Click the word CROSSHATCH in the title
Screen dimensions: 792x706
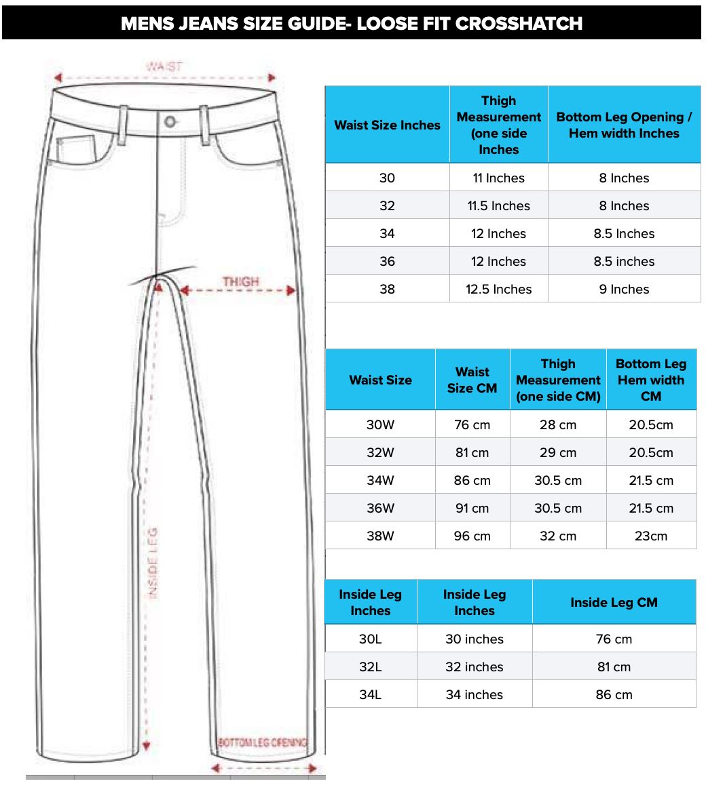519,23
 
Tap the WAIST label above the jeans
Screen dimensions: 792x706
164,67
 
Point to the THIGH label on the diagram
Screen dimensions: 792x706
240,281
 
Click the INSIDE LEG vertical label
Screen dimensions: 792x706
153,563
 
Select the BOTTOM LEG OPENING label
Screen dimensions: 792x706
263,743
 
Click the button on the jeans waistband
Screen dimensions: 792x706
170,123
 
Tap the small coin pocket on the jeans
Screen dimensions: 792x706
77,150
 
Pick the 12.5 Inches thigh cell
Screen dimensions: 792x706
498,289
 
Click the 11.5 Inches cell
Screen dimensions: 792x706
498,205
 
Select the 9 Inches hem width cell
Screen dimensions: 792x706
624,289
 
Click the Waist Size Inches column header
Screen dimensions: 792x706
387,125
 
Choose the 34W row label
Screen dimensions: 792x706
380,480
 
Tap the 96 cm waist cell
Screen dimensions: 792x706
472,536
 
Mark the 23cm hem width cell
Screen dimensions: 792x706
650,536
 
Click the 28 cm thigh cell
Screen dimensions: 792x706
557,424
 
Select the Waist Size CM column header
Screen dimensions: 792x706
472,380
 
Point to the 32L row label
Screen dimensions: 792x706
370,667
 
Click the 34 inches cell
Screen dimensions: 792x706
474,694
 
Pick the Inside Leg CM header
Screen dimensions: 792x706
614,602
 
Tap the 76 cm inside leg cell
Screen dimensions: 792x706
614,639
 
